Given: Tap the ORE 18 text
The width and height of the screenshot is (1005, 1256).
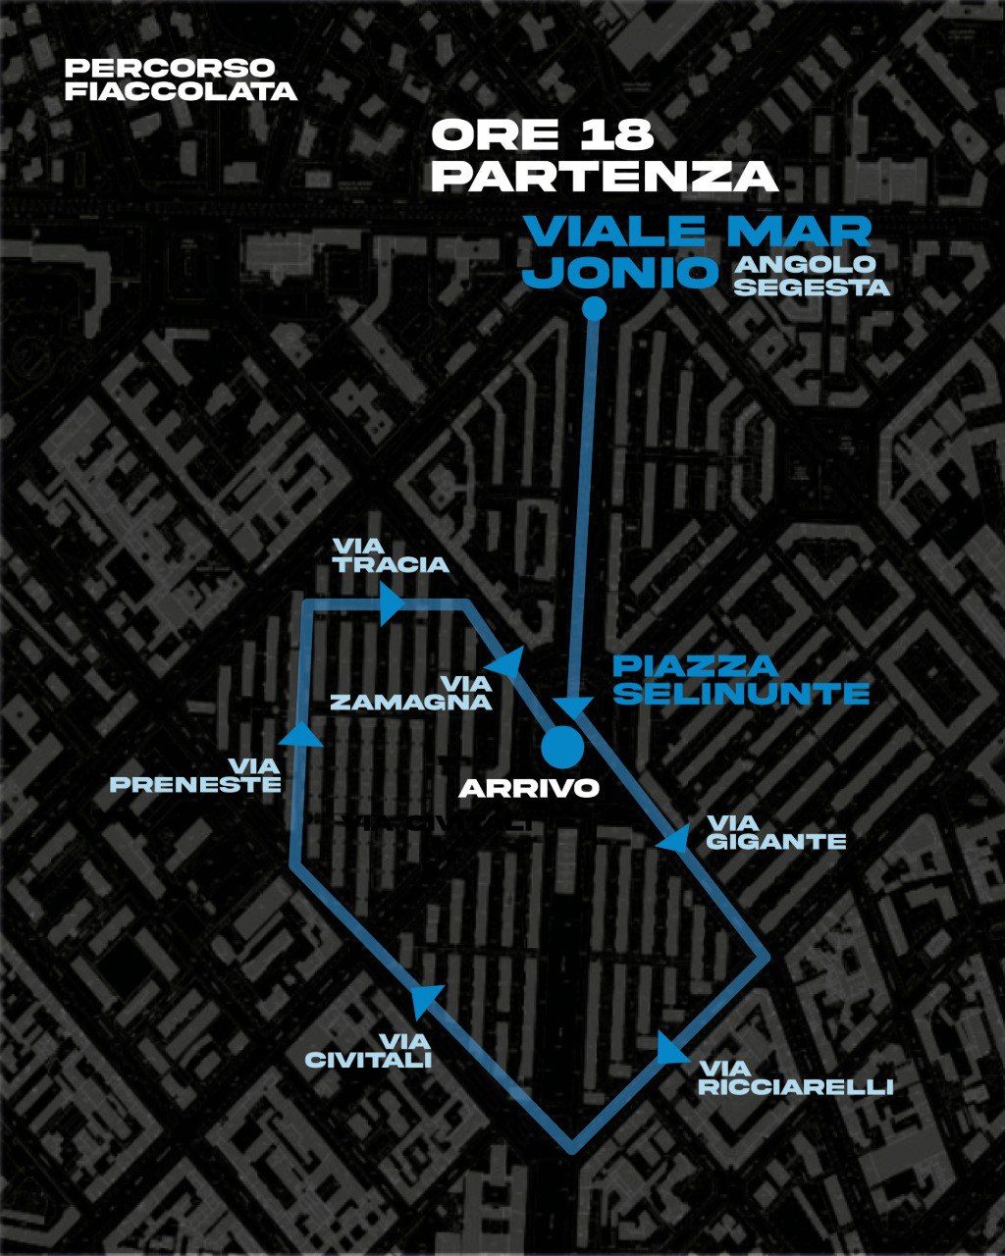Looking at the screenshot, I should coord(543,135).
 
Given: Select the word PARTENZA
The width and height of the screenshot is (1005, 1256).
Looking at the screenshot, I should coord(605,177).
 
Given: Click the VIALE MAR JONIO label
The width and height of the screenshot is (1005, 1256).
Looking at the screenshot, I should coord(696,252).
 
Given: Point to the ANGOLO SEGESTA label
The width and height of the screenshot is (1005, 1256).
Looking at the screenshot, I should coord(811,276).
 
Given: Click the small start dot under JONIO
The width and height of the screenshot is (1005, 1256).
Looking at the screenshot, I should coord(593,309).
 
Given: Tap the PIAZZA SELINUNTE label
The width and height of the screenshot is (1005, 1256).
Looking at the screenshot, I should coord(741,679).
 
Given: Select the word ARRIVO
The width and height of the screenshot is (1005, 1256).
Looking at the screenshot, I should coord(529,788).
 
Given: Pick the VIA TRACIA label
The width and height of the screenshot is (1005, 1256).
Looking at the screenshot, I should coord(390,554).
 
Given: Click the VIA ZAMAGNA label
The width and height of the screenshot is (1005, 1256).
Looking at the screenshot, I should coord(411,692).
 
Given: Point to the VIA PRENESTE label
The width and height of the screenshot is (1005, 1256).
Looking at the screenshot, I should coord(195,774).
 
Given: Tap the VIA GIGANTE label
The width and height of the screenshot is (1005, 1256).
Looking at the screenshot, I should coord(775,831).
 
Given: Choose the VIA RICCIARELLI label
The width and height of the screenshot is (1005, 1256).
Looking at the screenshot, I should coord(795,1076).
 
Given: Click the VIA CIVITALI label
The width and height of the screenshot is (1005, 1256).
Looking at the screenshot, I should coord(368,1050).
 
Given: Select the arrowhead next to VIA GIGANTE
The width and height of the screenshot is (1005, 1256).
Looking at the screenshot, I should coord(674,837).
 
